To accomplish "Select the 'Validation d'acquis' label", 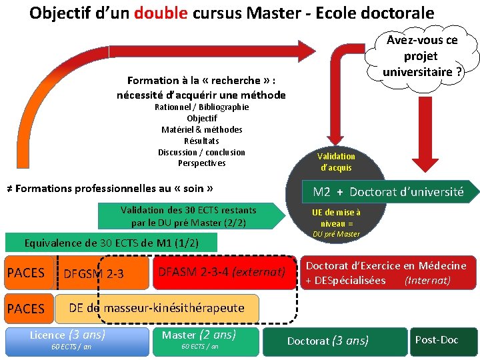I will click(x=336, y=161).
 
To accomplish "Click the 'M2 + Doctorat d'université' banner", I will click(x=389, y=192).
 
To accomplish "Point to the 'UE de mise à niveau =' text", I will click(x=336, y=217).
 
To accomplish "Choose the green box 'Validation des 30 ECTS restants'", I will click(x=188, y=215).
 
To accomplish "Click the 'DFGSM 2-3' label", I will click(x=93, y=273).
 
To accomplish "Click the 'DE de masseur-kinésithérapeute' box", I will click(x=157, y=307).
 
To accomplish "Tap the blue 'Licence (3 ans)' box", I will click(x=77, y=341).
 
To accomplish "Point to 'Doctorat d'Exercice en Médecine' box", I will click(x=387, y=273).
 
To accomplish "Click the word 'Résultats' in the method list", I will click(x=201, y=141).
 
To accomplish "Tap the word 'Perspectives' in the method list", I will click(x=201, y=163).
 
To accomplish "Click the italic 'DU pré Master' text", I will click(x=336, y=234).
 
